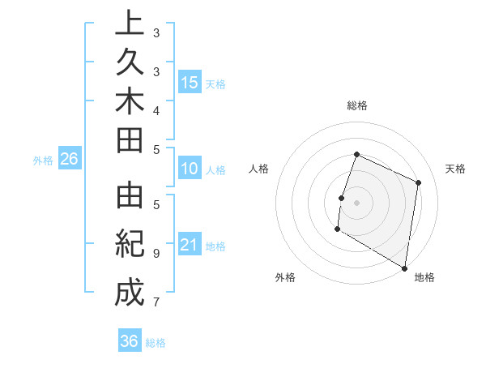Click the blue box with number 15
[x=190, y=83]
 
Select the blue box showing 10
[x=190, y=169]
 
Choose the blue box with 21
[x=190, y=245]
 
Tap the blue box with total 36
[x=130, y=341]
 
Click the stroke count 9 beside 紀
[x=156, y=253]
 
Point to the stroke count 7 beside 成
[x=156, y=302]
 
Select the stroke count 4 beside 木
[x=156, y=109]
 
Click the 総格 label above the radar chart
[x=357, y=106]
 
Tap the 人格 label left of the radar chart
[x=259, y=169]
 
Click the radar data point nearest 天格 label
[x=419, y=182]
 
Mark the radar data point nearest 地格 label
[x=404, y=267]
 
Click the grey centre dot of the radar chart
[x=356, y=203]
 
